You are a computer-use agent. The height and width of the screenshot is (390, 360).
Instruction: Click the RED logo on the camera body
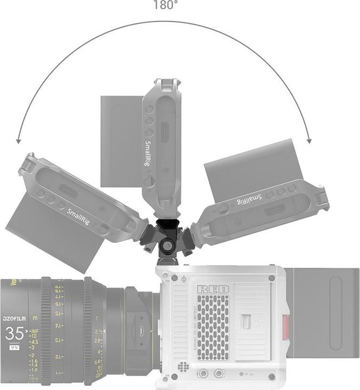213,289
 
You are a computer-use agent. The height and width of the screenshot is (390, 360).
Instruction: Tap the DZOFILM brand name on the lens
14,319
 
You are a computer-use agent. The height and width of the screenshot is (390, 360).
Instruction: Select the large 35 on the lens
14,334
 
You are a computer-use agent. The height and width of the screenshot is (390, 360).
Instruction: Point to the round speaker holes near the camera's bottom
184,367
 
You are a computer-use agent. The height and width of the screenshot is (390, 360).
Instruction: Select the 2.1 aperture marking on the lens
98,331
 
